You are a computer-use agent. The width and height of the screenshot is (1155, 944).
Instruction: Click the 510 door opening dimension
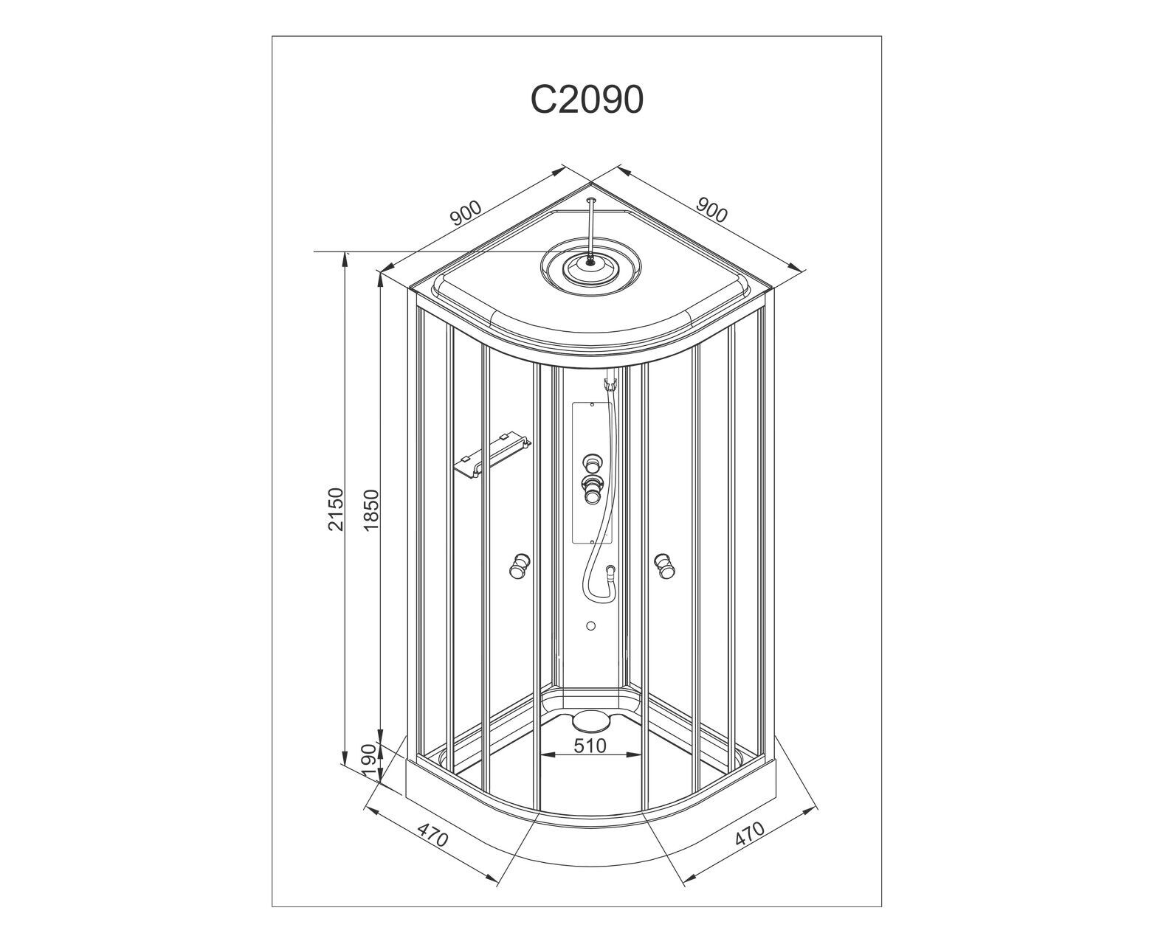(x=590, y=746)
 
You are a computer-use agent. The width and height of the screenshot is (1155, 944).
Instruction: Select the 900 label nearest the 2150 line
(x=466, y=213)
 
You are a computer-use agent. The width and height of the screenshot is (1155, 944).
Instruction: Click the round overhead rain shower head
(x=589, y=268)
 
